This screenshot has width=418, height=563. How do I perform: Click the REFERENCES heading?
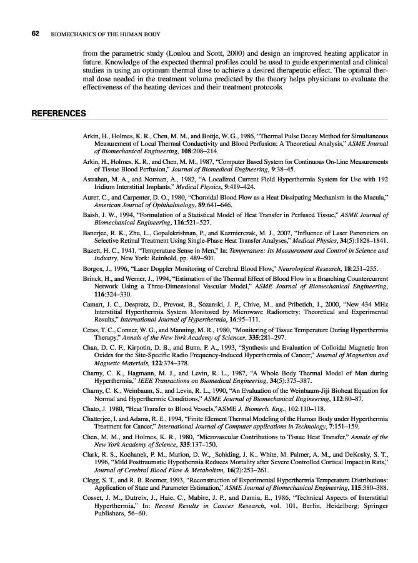[x=58, y=114]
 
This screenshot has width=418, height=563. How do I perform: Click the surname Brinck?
[x=92, y=278]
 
